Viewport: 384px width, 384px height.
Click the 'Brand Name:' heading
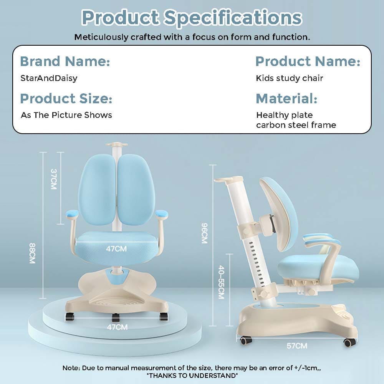click(65, 61)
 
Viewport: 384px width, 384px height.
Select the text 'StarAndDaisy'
click(49, 78)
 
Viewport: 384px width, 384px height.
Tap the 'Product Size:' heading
click(66, 98)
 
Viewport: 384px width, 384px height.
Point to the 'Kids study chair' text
click(290, 78)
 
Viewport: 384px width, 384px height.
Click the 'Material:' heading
click(286, 98)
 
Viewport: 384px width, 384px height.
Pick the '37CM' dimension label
click(54, 179)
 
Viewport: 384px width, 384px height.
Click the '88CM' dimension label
click(32, 253)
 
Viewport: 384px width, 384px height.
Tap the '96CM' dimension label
click(205, 233)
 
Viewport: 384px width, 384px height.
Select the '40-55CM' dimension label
click(221, 282)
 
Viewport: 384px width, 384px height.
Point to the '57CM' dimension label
click(297, 346)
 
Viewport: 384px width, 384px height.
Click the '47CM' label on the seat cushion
click(116, 249)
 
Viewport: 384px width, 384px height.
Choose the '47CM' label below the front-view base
click(117, 327)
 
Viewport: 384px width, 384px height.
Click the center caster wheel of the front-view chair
click(116, 318)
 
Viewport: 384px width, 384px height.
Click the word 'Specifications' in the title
click(233, 18)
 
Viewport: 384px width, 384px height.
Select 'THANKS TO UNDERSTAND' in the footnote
click(192, 376)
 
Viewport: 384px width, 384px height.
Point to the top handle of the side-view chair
click(225, 180)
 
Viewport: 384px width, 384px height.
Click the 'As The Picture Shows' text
click(66, 115)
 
